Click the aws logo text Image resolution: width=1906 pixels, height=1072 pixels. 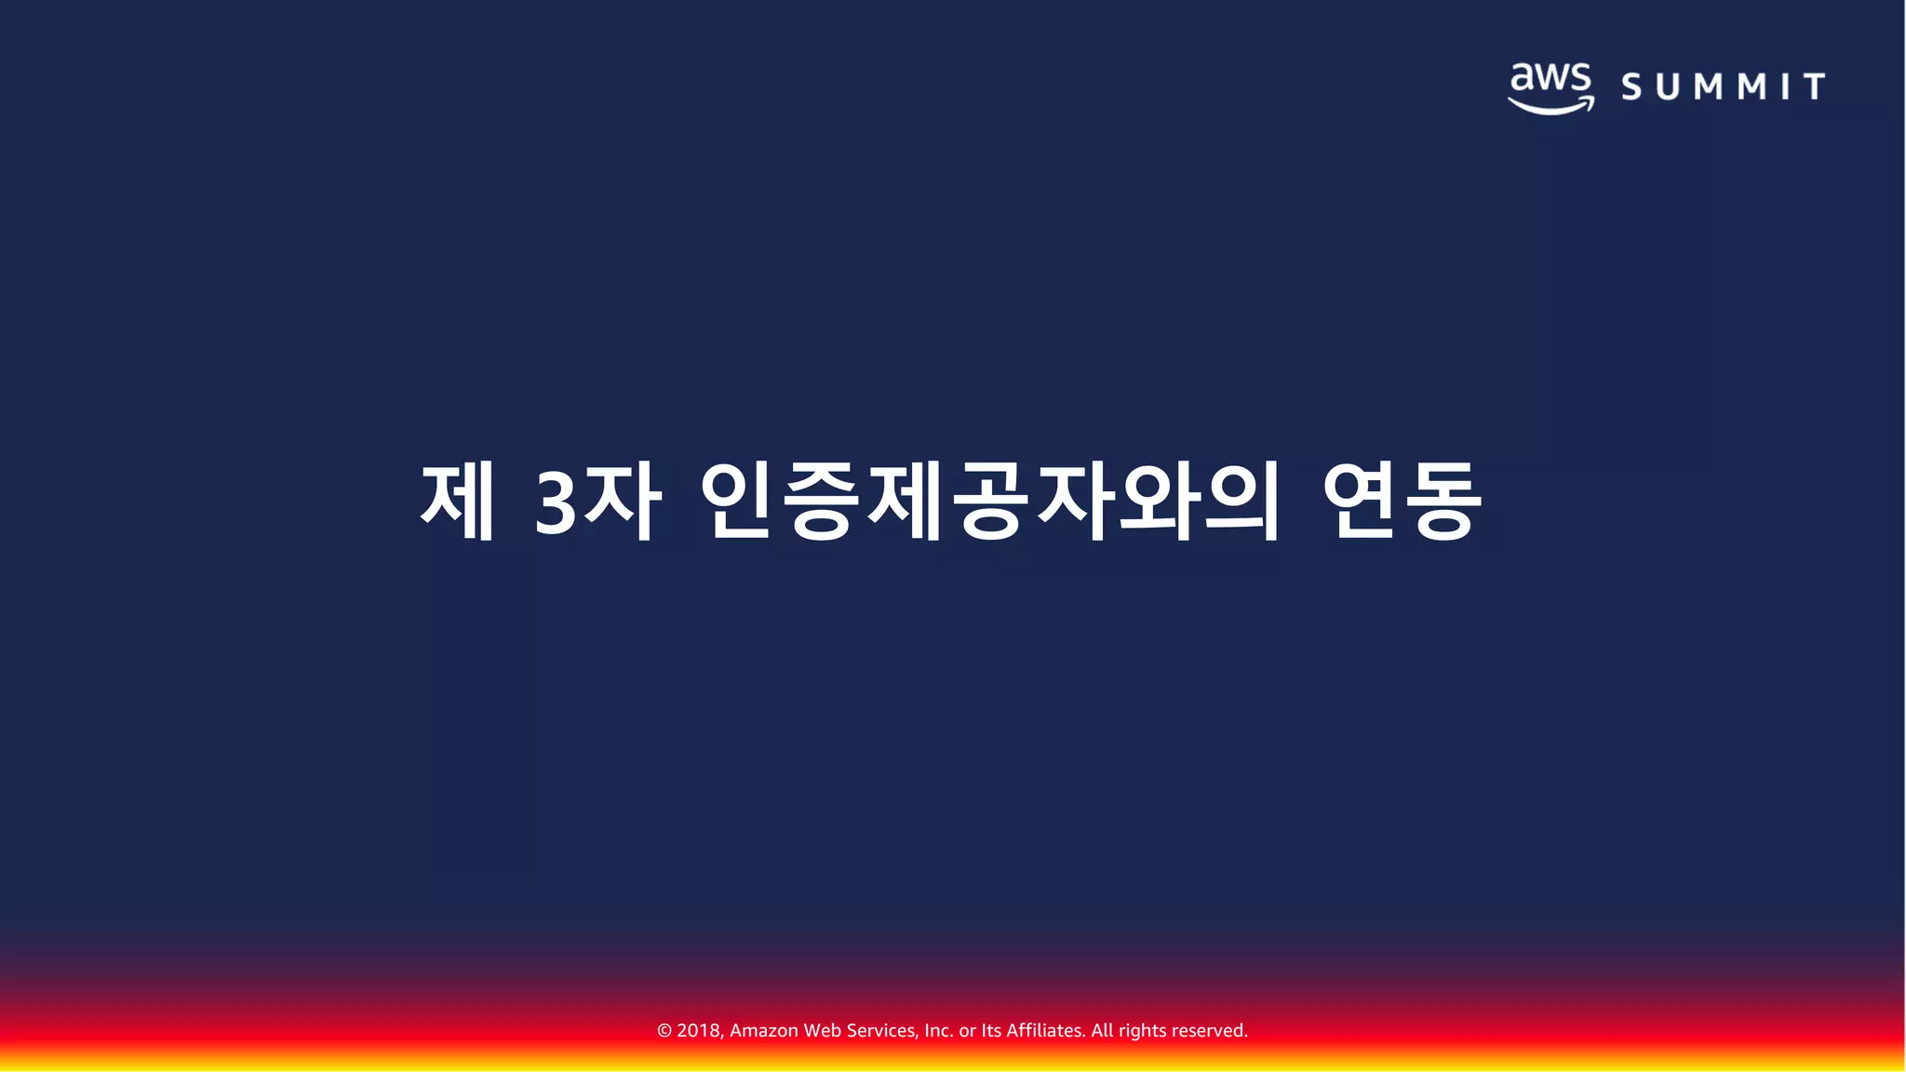click(x=1550, y=78)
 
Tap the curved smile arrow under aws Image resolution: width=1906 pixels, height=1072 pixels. click(x=1550, y=107)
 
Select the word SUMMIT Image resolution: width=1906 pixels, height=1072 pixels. click(x=1723, y=87)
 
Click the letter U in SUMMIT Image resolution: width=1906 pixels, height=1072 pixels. click(x=1668, y=87)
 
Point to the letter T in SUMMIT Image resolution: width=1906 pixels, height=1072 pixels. click(x=1814, y=87)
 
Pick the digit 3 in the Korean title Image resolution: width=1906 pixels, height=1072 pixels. click(x=557, y=502)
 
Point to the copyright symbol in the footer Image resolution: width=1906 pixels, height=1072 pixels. click(x=664, y=1031)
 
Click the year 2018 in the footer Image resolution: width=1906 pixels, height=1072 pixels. click(x=697, y=1031)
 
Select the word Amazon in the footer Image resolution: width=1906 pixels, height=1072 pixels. click(x=764, y=1031)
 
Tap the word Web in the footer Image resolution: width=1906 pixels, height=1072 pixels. click(x=822, y=1031)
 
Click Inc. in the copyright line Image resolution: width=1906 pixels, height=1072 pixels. click(x=938, y=1031)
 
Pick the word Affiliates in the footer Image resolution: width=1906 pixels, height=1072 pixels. click(x=1045, y=1031)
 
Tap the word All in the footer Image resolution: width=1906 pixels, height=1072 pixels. click(x=1102, y=1031)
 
